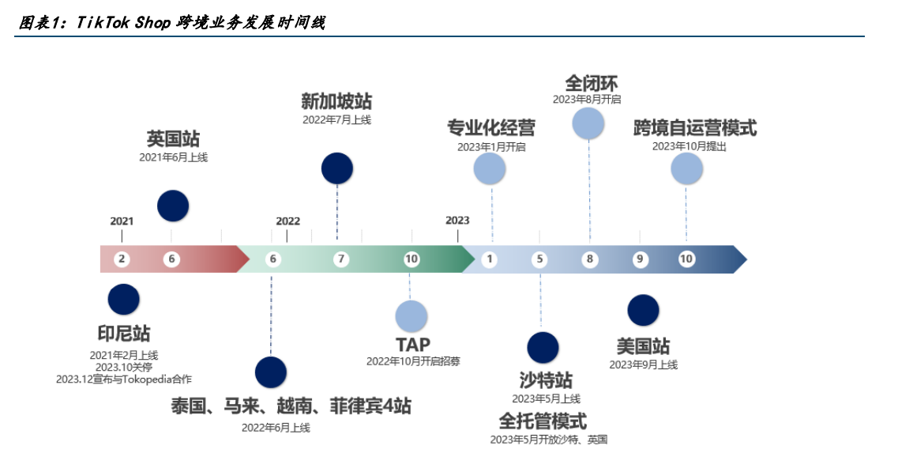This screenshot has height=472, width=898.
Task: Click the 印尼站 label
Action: (x=124, y=334)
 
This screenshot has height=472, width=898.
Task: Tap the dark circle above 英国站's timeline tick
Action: (x=173, y=206)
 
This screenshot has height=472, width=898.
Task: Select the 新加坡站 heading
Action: (x=336, y=101)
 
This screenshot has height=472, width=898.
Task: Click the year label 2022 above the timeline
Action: (x=287, y=221)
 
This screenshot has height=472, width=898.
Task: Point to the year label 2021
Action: (x=122, y=221)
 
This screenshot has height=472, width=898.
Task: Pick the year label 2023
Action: (x=457, y=220)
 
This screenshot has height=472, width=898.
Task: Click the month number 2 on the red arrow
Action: (x=122, y=259)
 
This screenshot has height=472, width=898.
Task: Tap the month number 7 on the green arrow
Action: (x=341, y=259)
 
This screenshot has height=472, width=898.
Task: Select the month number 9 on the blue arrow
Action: (x=640, y=259)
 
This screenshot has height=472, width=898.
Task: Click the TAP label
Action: (x=412, y=345)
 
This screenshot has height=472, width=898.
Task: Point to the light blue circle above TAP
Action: (x=411, y=316)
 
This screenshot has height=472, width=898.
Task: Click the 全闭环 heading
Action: (x=592, y=83)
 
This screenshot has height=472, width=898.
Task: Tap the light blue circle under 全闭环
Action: (x=588, y=123)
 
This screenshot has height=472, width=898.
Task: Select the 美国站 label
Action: (x=643, y=346)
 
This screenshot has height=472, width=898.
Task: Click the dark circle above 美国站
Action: (x=643, y=310)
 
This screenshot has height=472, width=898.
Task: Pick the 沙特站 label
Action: (x=546, y=380)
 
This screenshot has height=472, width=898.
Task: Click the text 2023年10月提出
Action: (x=689, y=146)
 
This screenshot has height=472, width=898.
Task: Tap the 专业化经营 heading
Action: (x=491, y=128)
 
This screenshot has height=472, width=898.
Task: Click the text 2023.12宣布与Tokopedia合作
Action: (x=124, y=379)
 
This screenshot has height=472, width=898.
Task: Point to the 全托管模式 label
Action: (x=543, y=421)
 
